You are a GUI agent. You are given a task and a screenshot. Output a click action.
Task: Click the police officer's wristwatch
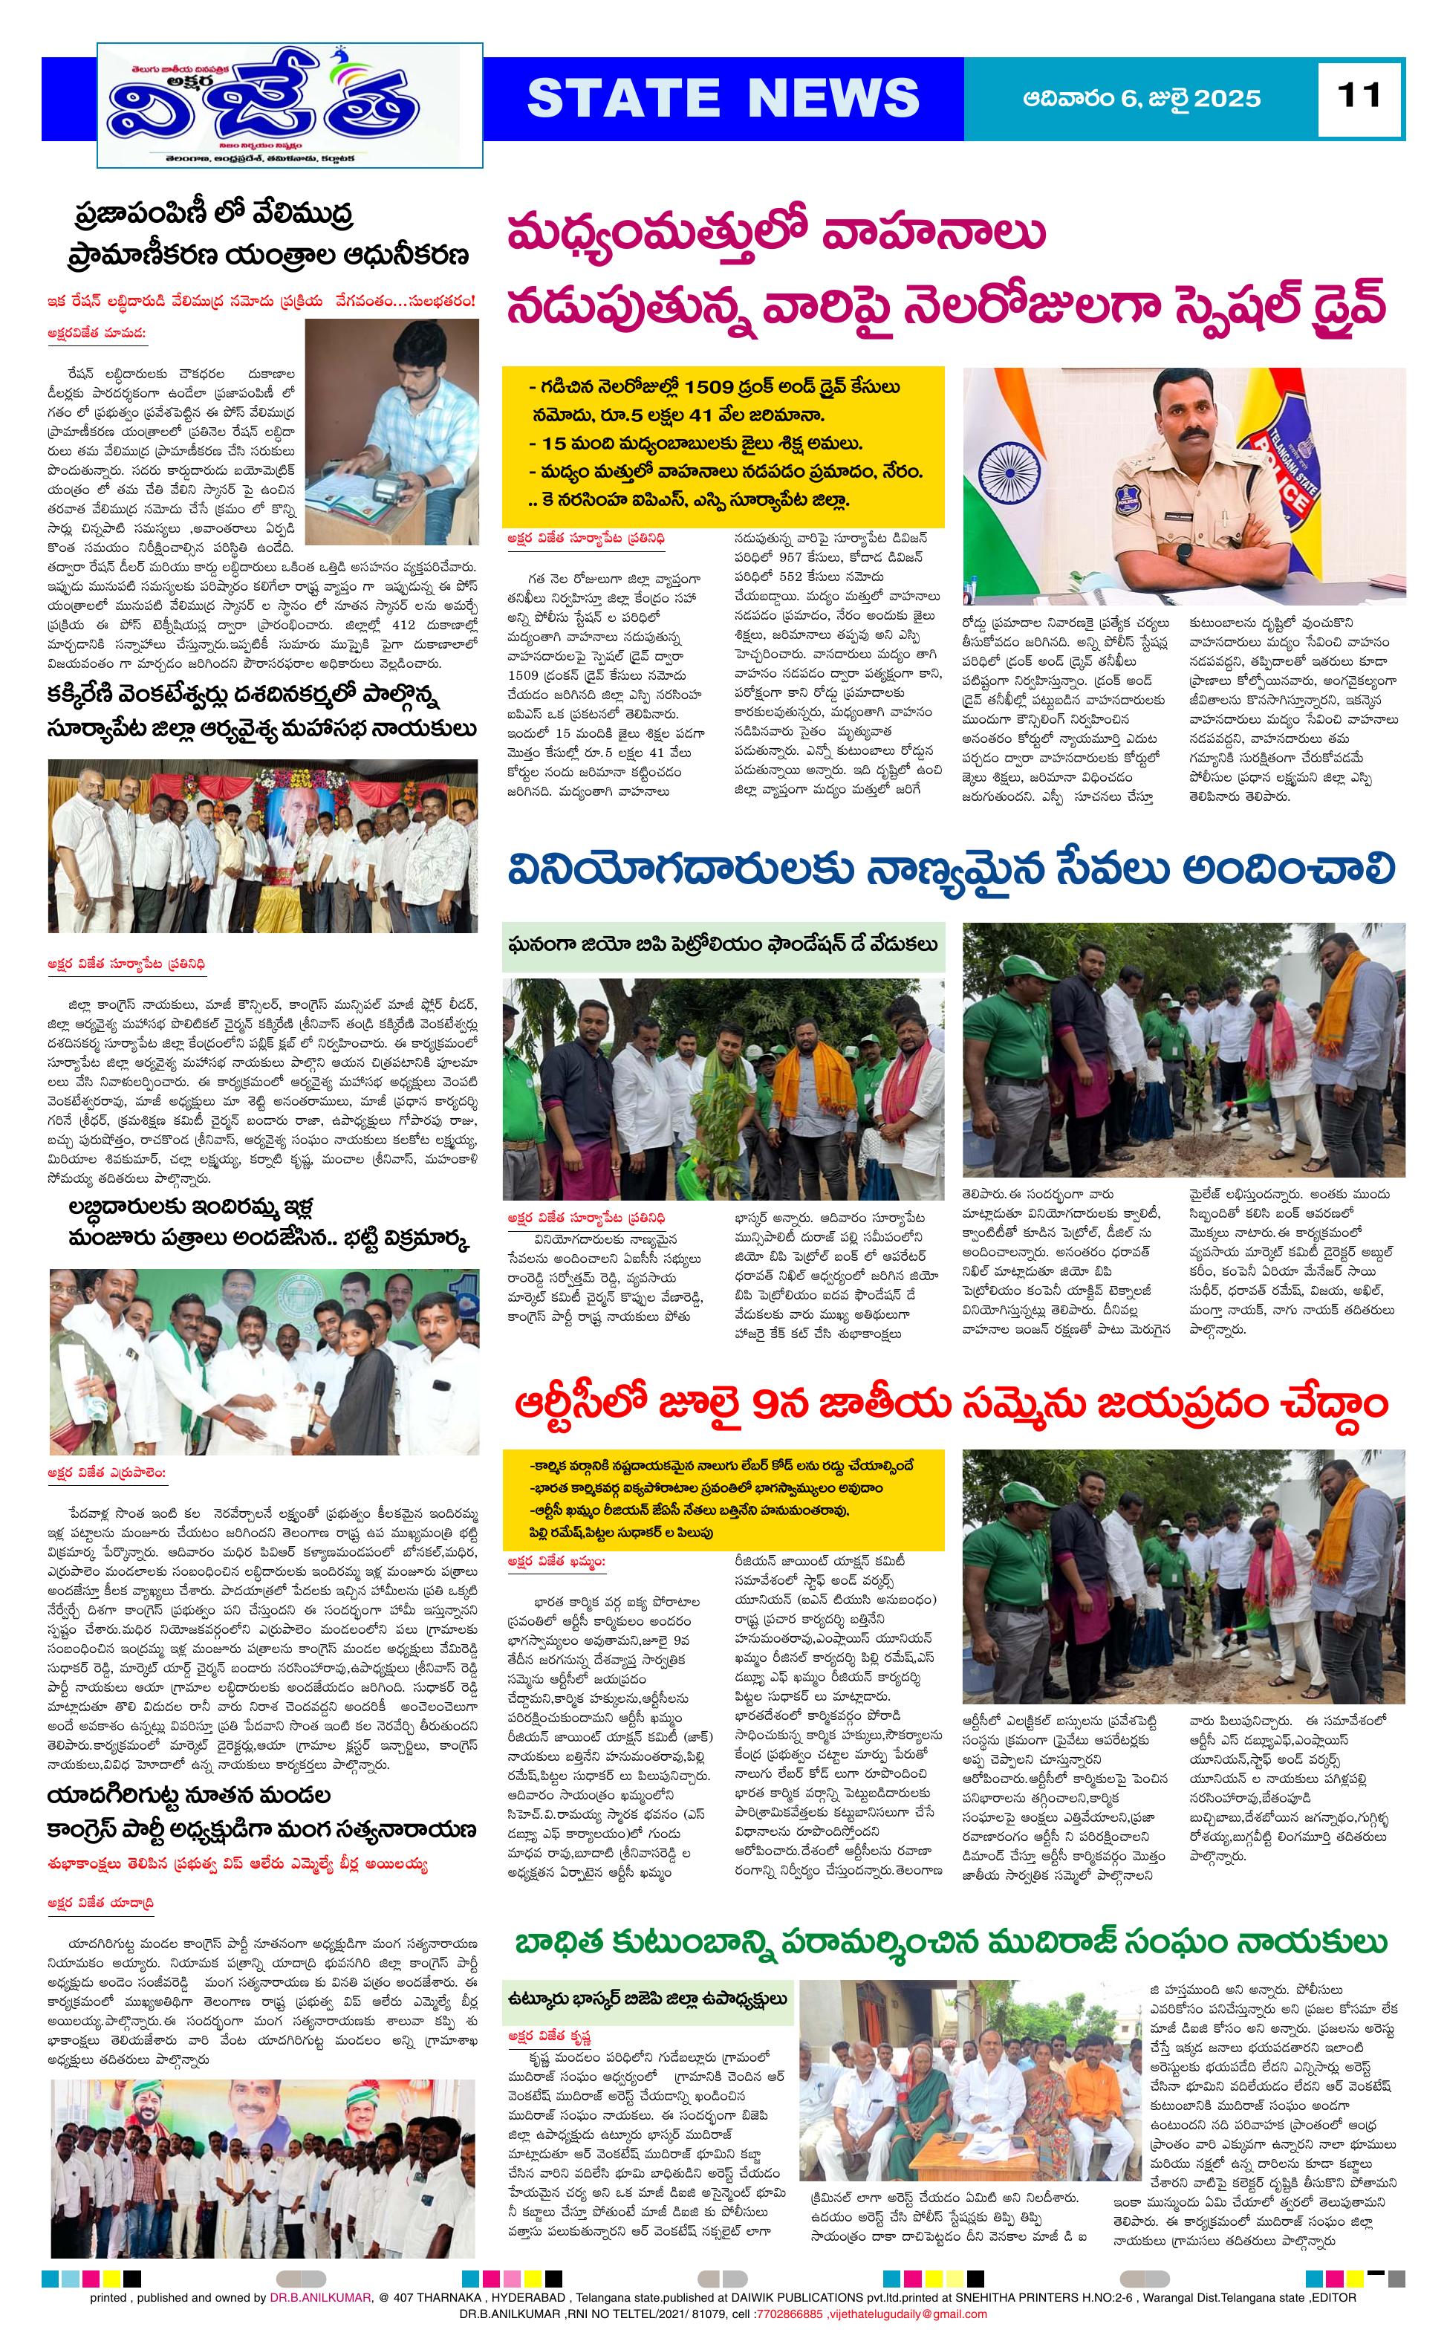click(1184, 552)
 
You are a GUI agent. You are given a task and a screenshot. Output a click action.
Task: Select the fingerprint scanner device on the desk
click(386, 490)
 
